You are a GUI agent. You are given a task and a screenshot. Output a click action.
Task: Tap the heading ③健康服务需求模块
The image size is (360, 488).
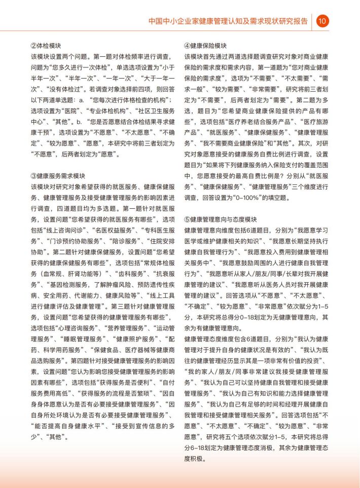pos(58,176)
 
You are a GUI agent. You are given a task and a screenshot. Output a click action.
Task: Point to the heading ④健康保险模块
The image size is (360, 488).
pos(205,45)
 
